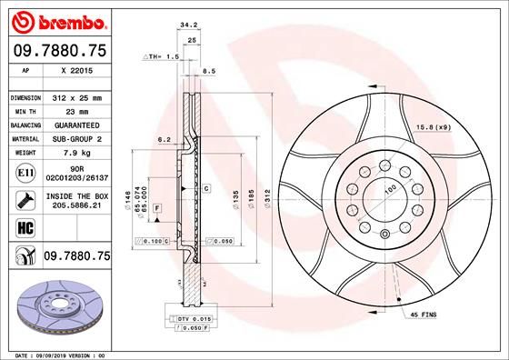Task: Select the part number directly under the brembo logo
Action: coord(58,51)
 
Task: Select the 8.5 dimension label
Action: coord(208,70)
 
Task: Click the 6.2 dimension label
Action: coord(165,139)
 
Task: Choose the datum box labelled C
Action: coord(206,188)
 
